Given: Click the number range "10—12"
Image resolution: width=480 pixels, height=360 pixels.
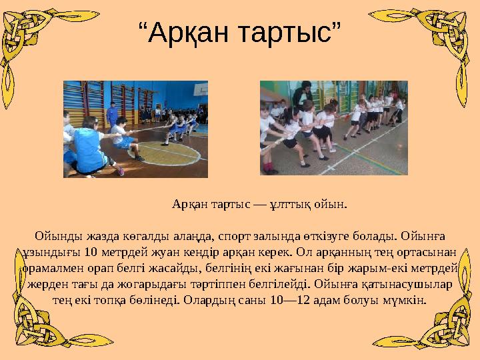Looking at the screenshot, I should pyautogui.click(x=294, y=299).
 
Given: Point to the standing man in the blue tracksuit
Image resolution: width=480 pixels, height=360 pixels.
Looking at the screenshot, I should pyautogui.click(x=113, y=113).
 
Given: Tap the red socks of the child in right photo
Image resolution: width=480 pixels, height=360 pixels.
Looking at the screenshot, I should pyautogui.click(x=267, y=166).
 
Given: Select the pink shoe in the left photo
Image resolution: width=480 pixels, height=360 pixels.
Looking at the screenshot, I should pyautogui.click(x=121, y=172).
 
